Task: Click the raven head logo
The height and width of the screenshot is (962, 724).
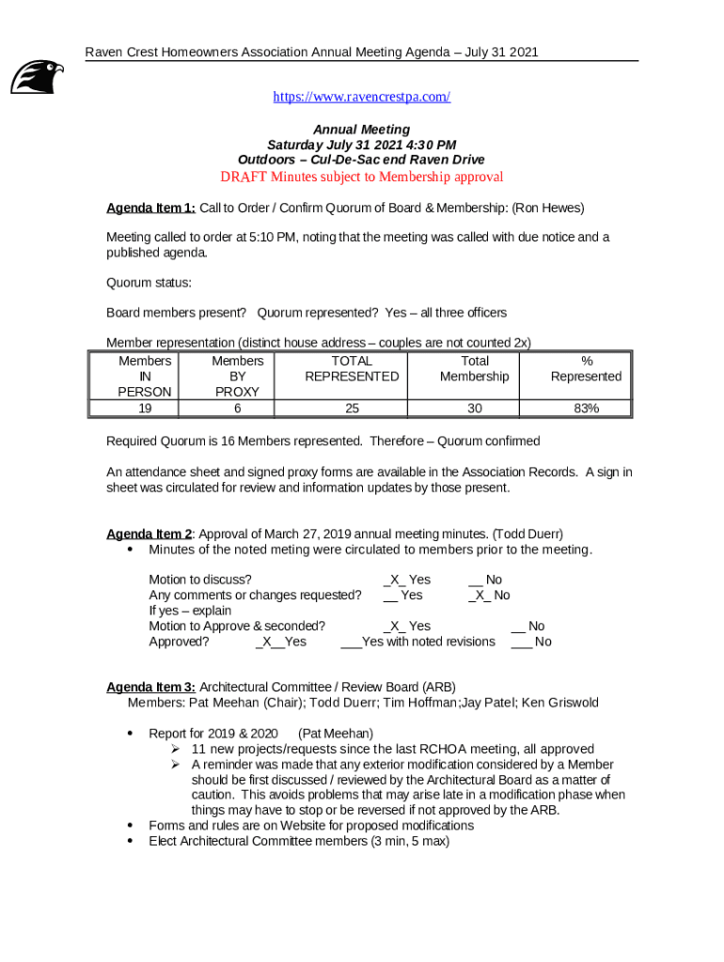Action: click(38, 76)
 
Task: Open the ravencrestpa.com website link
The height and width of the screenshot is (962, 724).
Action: click(361, 97)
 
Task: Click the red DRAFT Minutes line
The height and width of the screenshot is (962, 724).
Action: click(361, 177)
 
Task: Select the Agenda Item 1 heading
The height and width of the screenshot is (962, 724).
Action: click(150, 208)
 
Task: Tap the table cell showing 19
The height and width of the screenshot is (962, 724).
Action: click(145, 408)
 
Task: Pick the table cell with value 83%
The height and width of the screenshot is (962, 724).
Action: click(586, 408)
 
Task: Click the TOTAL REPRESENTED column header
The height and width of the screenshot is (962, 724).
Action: click(352, 368)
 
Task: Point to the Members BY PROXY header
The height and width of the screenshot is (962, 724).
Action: click(237, 376)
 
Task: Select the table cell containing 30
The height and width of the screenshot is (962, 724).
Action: click(474, 408)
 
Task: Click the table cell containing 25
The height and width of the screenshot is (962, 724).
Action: click(352, 408)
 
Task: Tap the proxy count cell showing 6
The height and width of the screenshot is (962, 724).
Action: click(237, 408)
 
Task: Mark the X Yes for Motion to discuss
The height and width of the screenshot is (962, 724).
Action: click(406, 581)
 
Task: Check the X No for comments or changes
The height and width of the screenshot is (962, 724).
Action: click(489, 596)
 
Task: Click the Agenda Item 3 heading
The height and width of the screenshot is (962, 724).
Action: click(150, 687)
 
